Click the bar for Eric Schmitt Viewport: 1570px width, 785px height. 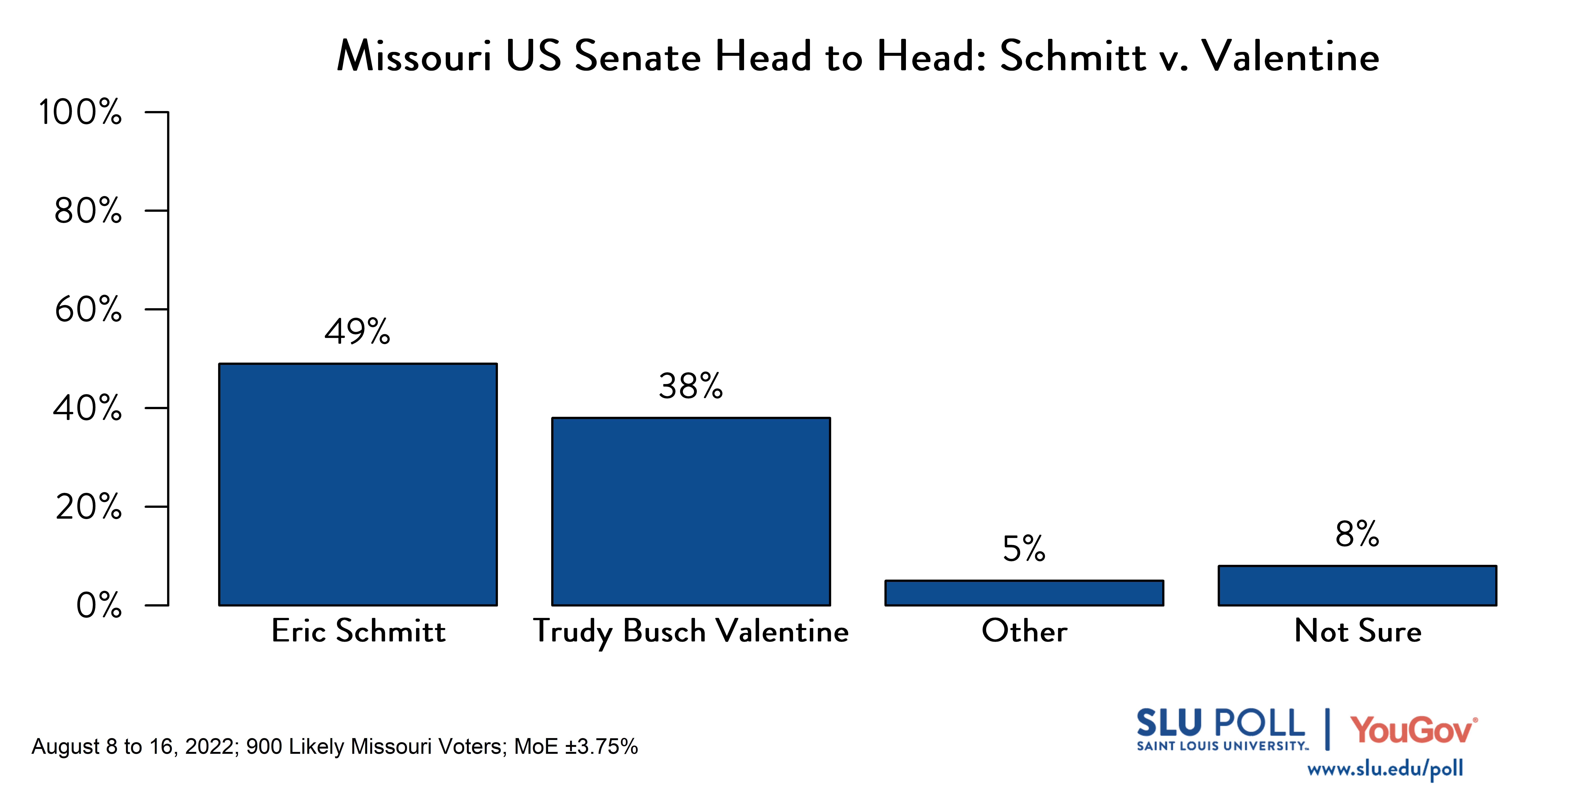click(358, 484)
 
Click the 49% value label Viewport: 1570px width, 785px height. click(357, 332)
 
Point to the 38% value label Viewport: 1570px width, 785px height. click(691, 386)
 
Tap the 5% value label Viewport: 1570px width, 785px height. click(1024, 549)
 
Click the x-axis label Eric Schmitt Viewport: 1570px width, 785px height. click(358, 631)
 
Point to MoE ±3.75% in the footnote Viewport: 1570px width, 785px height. click(576, 747)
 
